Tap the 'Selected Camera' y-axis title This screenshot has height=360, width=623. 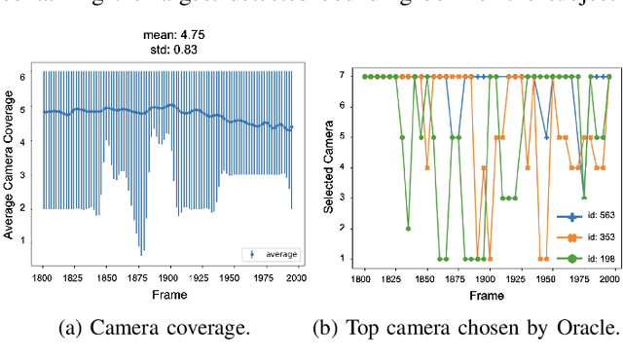click(332, 166)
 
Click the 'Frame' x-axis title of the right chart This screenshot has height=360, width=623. click(488, 293)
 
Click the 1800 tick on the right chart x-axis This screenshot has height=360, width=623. click(363, 277)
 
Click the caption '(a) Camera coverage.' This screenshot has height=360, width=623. click(168, 328)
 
